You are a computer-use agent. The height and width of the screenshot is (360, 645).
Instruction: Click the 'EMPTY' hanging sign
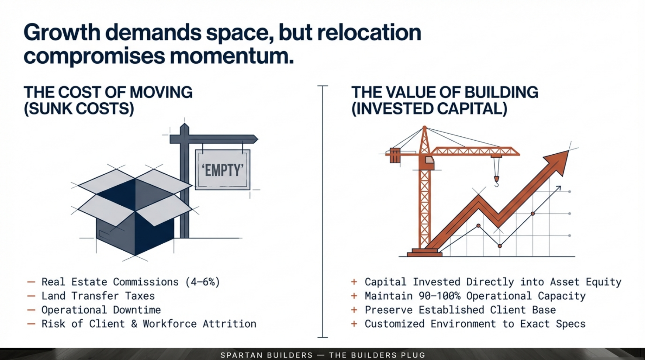(223, 170)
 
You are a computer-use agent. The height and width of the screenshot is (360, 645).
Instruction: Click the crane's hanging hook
(496, 172)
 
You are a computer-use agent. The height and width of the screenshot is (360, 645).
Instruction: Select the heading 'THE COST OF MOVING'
(108, 92)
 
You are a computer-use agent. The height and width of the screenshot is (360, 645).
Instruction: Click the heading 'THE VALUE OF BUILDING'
(445, 92)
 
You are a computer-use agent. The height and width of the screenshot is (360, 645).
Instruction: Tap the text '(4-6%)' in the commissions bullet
(203, 282)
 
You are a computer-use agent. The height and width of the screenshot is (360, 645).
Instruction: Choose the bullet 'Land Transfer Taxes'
(98, 296)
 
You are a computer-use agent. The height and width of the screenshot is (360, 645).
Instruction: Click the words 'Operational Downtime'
(101, 310)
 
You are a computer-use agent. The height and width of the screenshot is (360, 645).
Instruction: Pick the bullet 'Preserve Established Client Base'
(460, 310)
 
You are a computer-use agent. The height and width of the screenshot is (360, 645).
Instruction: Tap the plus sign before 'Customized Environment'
(354, 324)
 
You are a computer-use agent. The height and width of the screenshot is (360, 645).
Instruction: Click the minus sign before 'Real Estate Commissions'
(31, 282)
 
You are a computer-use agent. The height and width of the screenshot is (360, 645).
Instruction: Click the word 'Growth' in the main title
(62, 32)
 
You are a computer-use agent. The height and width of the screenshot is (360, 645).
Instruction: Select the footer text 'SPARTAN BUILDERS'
(267, 355)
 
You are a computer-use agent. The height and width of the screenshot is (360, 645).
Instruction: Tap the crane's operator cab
(429, 162)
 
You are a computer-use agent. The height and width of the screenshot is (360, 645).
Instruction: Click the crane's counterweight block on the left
(395, 155)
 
